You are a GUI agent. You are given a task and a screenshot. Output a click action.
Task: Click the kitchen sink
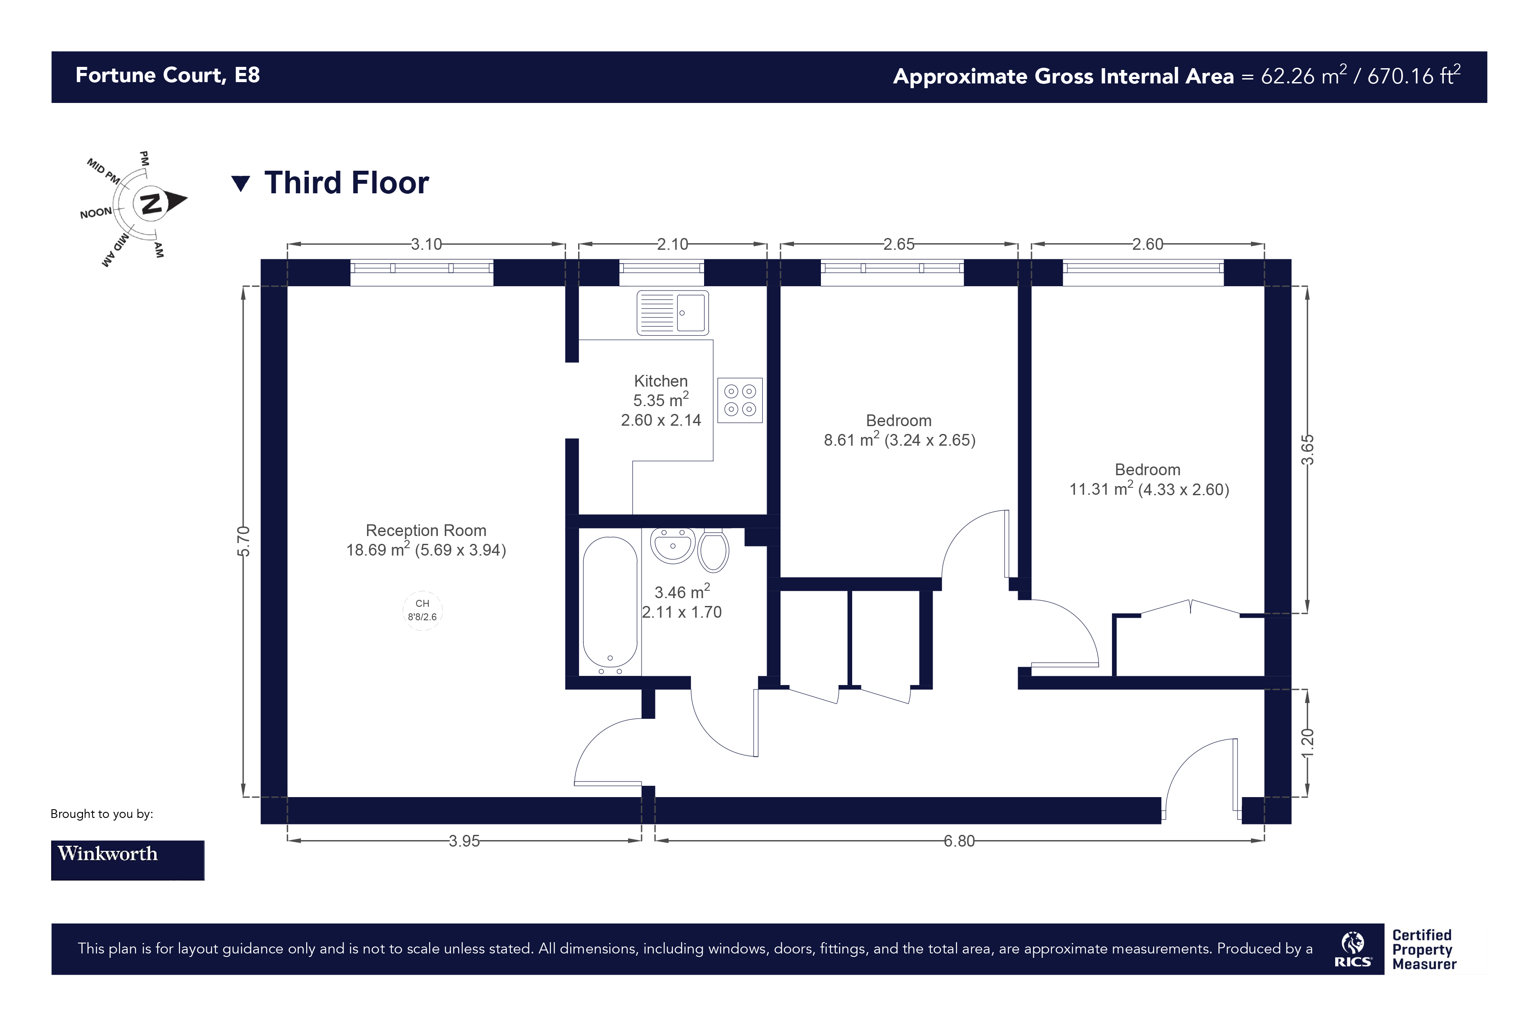click(672, 313)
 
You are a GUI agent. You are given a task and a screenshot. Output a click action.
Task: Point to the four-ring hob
click(740, 400)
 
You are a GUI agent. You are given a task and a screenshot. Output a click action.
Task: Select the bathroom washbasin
click(673, 546)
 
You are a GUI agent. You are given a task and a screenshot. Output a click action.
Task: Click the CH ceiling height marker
click(423, 610)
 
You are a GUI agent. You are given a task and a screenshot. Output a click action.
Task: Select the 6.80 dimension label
click(959, 841)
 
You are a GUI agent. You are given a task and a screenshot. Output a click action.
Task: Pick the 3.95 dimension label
click(464, 841)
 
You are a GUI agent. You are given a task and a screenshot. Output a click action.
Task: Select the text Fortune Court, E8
click(168, 76)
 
